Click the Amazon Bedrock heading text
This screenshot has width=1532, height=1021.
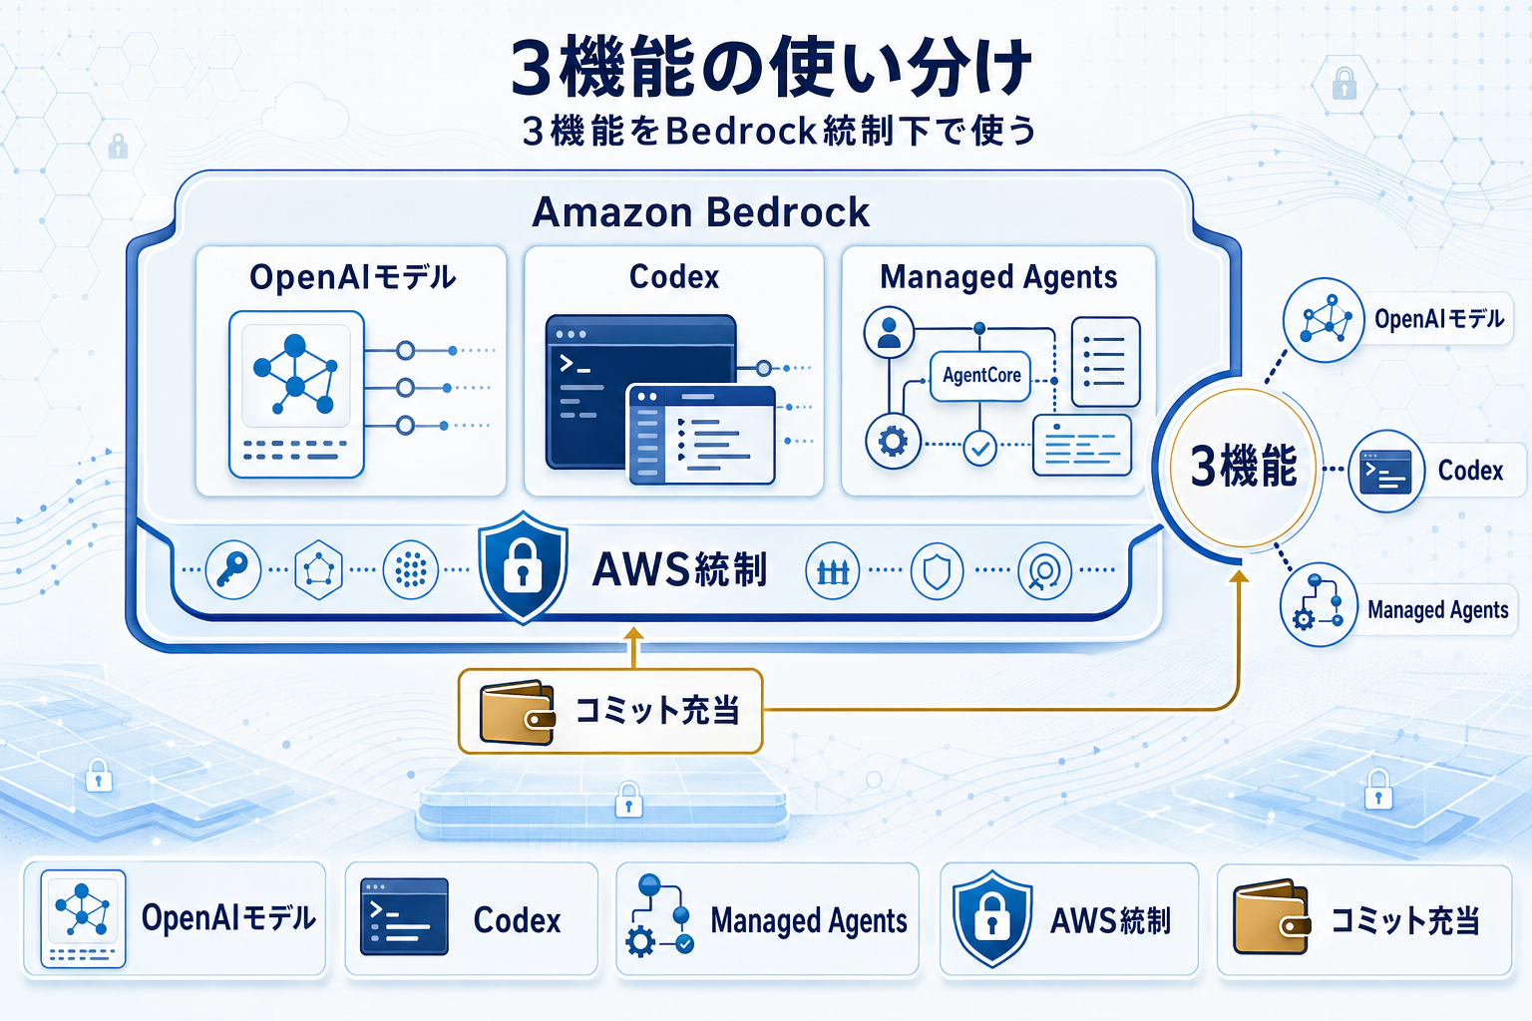pos(700,212)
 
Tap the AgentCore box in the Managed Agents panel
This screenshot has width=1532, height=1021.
pos(980,376)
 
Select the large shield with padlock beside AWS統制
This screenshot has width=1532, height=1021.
pos(523,567)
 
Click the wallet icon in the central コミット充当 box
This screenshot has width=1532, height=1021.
pos(517,713)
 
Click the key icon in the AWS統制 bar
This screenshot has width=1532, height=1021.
pos(232,570)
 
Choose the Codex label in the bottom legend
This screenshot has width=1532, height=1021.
pos(517,920)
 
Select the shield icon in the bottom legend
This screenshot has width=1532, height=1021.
pos(991,918)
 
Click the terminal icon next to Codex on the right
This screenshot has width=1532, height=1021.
pos(1386,472)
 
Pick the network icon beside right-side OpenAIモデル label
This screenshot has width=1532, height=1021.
pos(1324,320)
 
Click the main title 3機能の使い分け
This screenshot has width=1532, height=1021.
pos(770,68)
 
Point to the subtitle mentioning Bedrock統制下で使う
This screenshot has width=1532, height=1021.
pos(778,131)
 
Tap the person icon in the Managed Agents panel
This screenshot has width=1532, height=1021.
pos(890,332)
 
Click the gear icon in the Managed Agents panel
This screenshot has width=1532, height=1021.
pos(893,441)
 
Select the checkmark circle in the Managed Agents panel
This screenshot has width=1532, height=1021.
pos(980,449)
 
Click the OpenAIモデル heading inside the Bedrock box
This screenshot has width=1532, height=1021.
pos(352,277)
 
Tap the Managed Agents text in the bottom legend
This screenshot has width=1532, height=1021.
pos(808,920)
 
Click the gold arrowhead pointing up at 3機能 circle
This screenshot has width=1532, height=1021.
pos(1239,576)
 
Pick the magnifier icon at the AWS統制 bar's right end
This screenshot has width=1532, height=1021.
pos(1044,571)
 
